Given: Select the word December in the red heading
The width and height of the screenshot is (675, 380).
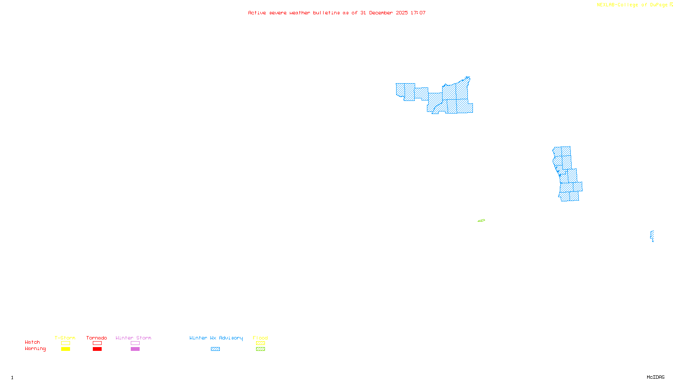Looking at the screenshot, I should pyautogui.click(x=381, y=13).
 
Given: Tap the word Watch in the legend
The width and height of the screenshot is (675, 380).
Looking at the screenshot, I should pyautogui.click(x=32, y=342).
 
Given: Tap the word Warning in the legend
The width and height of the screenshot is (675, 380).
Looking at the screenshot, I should pyautogui.click(x=35, y=349).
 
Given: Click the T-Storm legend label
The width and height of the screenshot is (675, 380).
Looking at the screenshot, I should pyautogui.click(x=65, y=338).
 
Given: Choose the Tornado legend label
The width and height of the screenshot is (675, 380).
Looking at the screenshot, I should pyautogui.click(x=97, y=338).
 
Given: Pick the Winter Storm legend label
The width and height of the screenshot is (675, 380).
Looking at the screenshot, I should pyautogui.click(x=133, y=338).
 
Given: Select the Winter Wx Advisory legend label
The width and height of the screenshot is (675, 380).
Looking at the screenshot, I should pyautogui.click(x=216, y=338).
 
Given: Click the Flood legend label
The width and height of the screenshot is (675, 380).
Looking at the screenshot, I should pyautogui.click(x=260, y=338).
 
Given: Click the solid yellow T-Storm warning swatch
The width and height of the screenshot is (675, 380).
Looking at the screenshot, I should pyautogui.click(x=65, y=349).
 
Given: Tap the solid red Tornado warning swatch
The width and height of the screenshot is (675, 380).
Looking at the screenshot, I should pyautogui.click(x=97, y=349).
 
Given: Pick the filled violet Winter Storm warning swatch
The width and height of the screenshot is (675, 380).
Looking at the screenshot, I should pyautogui.click(x=135, y=349).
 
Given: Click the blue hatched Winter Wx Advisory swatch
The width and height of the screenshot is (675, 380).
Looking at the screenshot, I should pyautogui.click(x=215, y=349).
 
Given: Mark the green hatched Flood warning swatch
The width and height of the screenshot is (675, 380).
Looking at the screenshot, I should pyautogui.click(x=260, y=349).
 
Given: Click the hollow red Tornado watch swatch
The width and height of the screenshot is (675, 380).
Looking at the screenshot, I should pyautogui.click(x=97, y=343).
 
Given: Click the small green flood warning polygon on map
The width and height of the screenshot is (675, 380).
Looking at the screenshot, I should pyautogui.click(x=481, y=220).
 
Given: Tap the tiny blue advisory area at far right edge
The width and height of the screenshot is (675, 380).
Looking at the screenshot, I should pyautogui.click(x=652, y=236).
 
